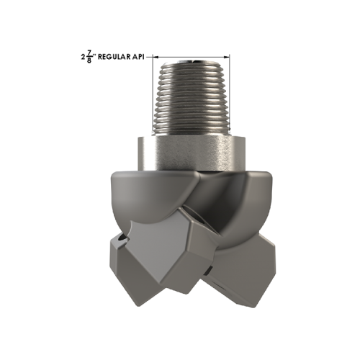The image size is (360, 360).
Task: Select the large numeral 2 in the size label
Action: coord(84,55)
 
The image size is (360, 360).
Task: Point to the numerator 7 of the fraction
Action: coord(90,51)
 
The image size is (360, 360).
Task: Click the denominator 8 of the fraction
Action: coord(90,60)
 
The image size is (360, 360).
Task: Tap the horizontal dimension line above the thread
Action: coord(192,55)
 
